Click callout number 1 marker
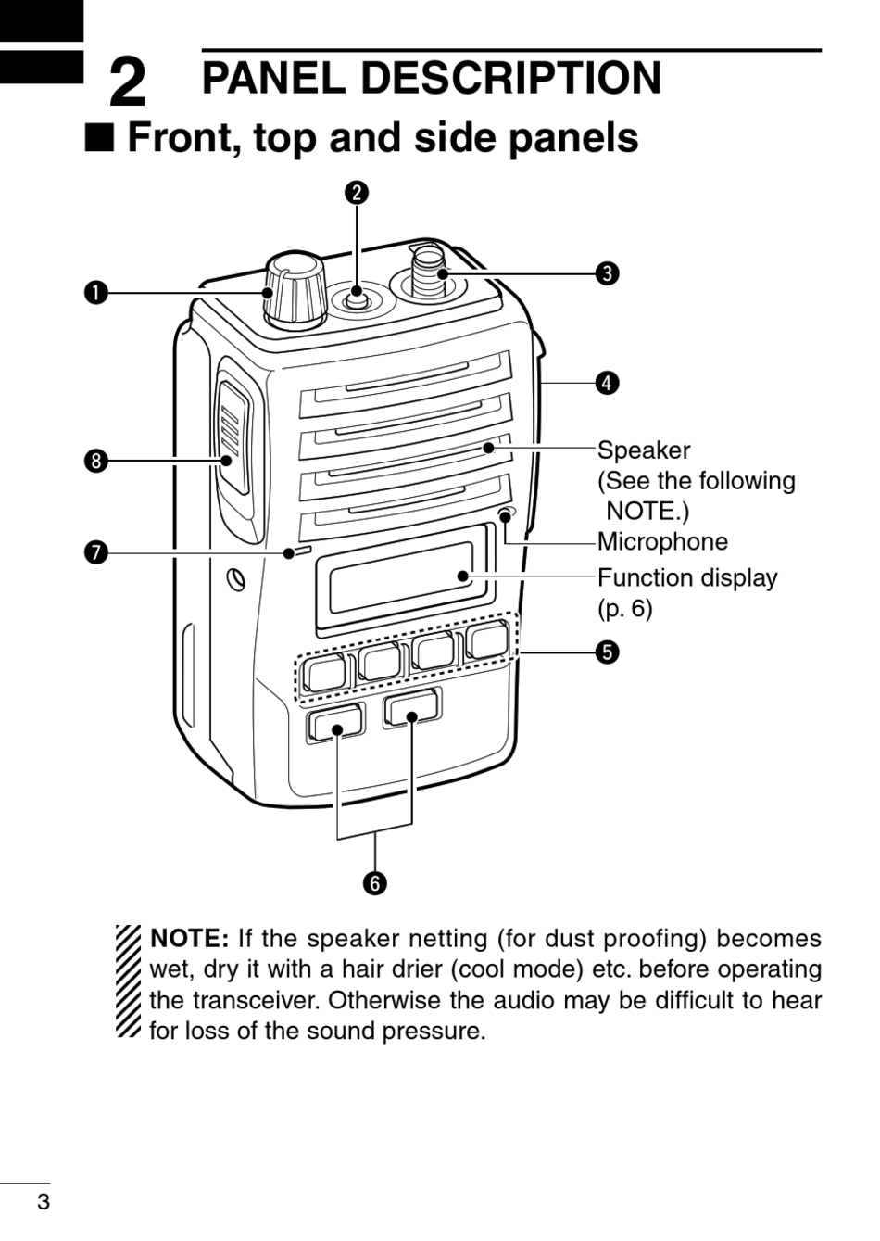(97, 293)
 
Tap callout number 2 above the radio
(357, 193)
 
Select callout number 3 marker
(608, 273)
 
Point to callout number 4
(608, 383)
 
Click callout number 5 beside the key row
(608, 652)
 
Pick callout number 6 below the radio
(375, 883)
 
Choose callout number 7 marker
(97, 553)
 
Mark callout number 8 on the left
(97, 461)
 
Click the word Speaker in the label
(644, 451)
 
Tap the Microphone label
(662, 542)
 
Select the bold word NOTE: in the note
(189, 939)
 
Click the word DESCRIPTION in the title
(511, 78)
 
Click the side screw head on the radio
(236, 580)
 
